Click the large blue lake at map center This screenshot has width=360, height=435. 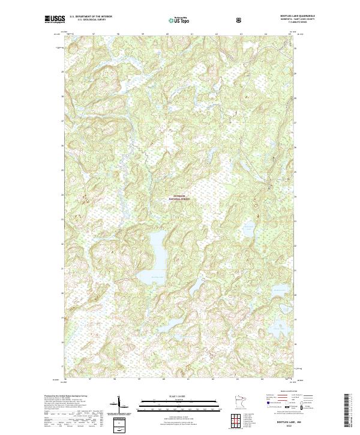pos(154,255)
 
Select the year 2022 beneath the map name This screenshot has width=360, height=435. pos(304,428)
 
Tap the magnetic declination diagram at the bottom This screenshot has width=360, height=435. pos(120,407)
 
